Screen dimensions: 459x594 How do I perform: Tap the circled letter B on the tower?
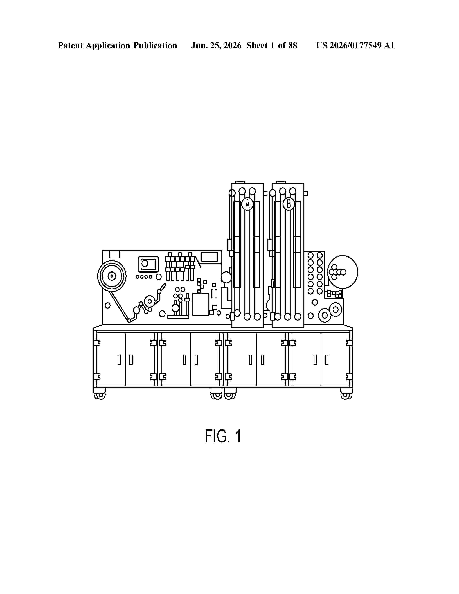[x=289, y=204]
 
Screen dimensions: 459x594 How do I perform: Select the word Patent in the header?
[x=70, y=45]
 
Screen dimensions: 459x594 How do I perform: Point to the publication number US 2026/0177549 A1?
[x=355, y=45]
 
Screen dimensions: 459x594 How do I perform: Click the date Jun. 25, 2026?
[x=216, y=45]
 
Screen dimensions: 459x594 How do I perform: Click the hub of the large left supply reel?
[x=112, y=276]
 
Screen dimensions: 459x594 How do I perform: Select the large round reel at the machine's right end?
[x=343, y=272]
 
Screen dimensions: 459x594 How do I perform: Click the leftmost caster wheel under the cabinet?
[x=100, y=395]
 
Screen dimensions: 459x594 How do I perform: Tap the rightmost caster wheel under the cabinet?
[x=346, y=395]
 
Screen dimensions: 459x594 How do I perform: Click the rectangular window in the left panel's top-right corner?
[x=209, y=257]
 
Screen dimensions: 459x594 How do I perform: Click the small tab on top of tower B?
[x=281, y=182]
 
